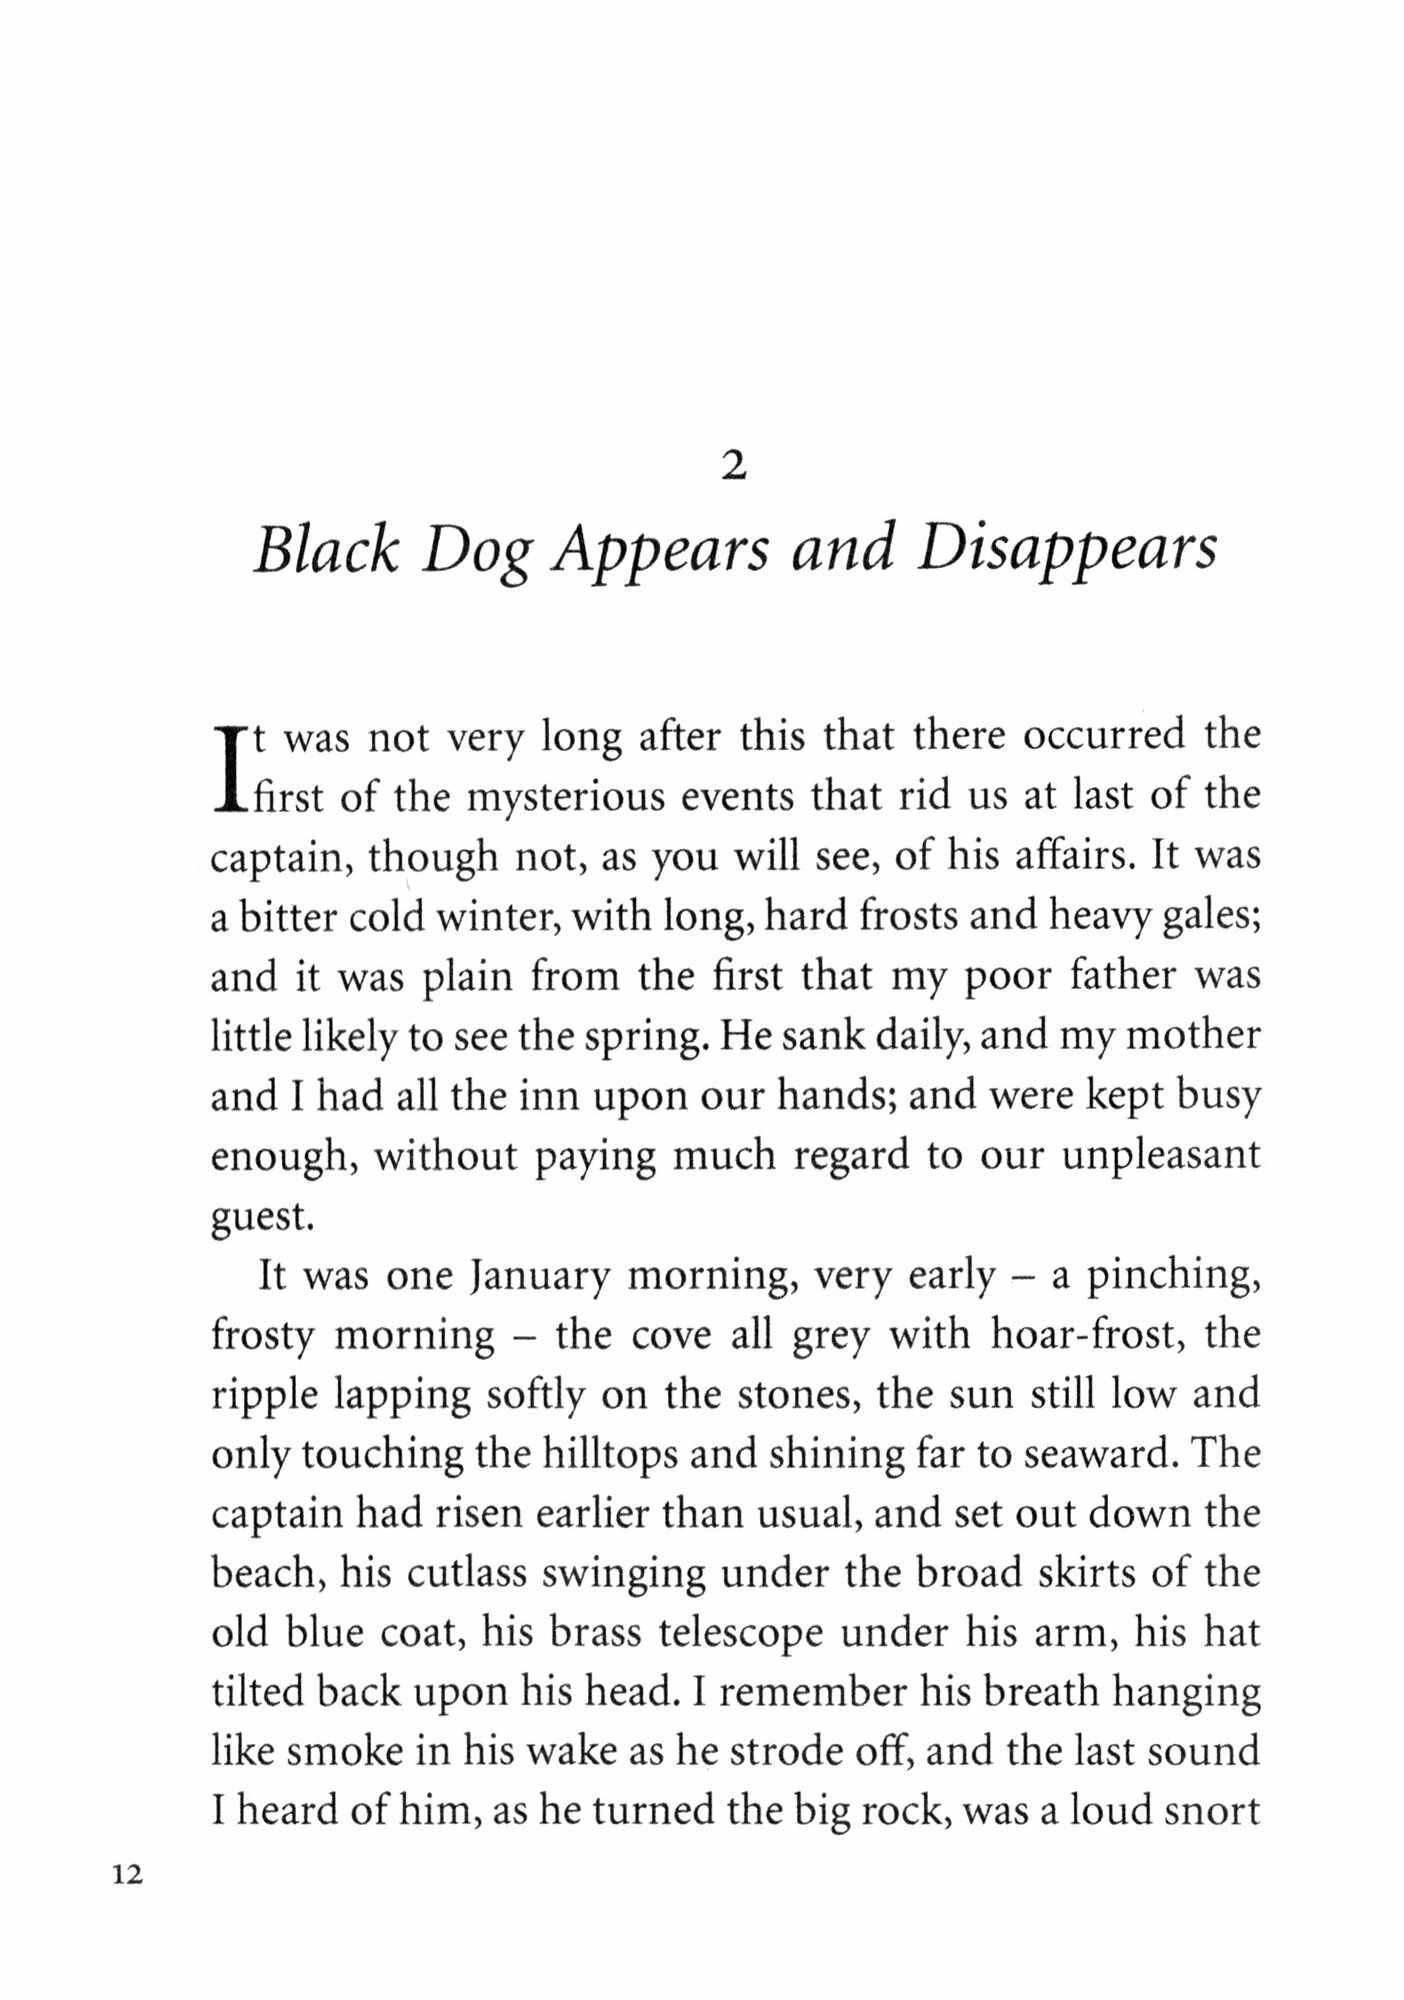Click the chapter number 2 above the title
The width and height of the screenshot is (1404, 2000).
pyautogui.click(x=733, y=467)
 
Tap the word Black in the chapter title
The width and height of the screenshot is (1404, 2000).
pyautogui.click(x=325, y=550)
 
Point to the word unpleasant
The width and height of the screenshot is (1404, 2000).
pyautogui.click(x=1161, y=1156)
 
